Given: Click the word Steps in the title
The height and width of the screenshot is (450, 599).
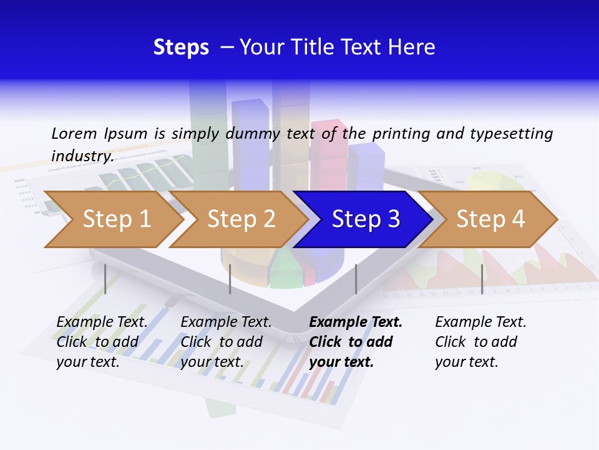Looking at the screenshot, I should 181,47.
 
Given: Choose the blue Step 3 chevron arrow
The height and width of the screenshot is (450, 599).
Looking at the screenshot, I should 364,219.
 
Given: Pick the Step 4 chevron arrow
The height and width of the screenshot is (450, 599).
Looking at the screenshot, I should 489,219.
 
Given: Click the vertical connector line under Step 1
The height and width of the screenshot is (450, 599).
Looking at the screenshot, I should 105,279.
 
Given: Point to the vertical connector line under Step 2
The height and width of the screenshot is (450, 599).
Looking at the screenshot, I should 230,279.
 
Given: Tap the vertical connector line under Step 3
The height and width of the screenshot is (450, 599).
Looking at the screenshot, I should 356,279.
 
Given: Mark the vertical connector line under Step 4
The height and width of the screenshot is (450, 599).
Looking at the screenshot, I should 482,279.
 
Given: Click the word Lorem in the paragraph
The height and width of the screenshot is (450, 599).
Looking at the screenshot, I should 74,134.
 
